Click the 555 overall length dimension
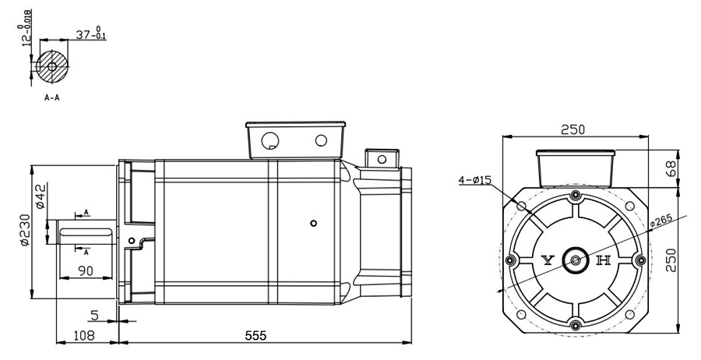[x=255, y=335]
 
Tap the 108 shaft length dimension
[x=84, y=335]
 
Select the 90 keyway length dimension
[x=86, y=271]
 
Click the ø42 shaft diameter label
[x=41, y=196]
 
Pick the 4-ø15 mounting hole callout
[x=475, y=180]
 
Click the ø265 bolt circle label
[x=661, y=221]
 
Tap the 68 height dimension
[x=670, y=168]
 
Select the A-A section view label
[x=52, y=97]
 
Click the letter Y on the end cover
[x=548, y=260]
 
